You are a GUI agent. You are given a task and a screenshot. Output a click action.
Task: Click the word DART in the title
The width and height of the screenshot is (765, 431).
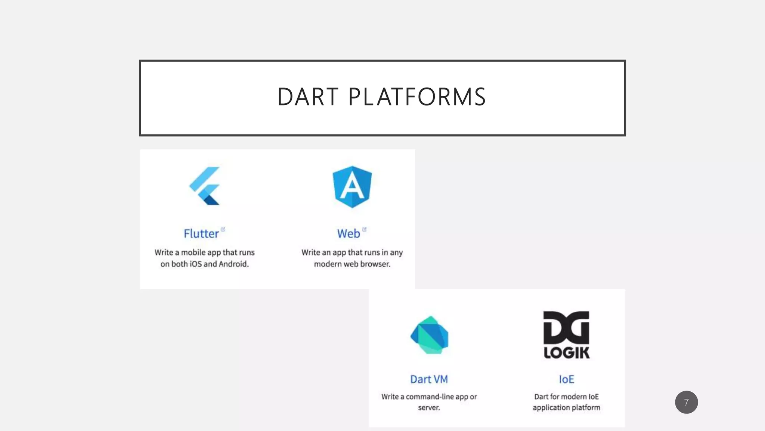(x=308, y=97)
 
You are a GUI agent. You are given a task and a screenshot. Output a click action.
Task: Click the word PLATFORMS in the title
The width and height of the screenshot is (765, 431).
(x=417, y=97)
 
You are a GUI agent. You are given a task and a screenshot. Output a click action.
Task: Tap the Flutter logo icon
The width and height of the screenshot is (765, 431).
(x=205, y=186)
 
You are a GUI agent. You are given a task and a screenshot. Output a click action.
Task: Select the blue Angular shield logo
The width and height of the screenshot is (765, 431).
(x=352, y=187)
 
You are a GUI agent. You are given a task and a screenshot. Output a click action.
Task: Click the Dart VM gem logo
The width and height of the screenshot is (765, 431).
(x=429, y=335)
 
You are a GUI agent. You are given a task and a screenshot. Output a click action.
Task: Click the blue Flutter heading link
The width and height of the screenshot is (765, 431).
(x=201, y=234)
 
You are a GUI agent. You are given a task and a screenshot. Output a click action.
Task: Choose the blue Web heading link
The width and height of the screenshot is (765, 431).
(x=349, y=234)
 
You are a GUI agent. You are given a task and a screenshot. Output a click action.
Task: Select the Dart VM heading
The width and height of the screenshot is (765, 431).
(x=429, y=379)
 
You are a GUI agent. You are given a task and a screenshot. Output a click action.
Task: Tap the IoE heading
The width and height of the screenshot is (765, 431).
(x=566, y=379)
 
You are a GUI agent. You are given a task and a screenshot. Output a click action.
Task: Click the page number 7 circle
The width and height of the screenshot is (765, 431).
(x=686, y=402)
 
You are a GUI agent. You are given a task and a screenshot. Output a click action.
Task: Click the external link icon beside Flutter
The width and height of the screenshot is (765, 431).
(x=223, y=229)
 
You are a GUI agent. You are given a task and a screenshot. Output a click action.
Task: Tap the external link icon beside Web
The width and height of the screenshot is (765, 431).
(x=364, y=229)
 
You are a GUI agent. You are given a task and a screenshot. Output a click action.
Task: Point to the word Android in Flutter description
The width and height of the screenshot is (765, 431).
(x=233, y=264)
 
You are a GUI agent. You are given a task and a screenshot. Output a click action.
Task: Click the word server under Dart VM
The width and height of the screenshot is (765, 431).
(x=428, y=408)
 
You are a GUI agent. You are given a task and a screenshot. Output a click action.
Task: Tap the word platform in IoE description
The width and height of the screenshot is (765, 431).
(x=587, y=408)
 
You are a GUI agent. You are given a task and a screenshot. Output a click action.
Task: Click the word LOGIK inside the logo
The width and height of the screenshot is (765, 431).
(x=566, y=353)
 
